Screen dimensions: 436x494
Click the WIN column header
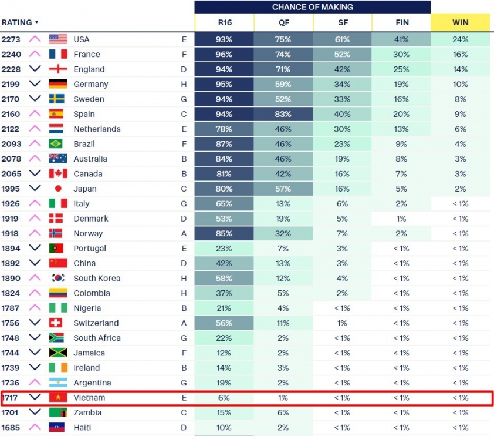[x=460, y=22]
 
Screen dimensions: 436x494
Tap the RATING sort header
[x=19, y=22]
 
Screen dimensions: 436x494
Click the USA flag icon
[x=58, y=39]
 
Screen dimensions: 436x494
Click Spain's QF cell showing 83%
[x=283, y=114]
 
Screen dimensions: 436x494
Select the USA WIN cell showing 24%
[x=460, y=39]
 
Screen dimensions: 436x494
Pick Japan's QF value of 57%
[x=283, y=189]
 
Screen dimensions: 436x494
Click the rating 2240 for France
[x=11, y=54]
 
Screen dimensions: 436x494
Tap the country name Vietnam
[x=89, y=398]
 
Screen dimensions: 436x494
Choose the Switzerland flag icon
[x=56, y=323]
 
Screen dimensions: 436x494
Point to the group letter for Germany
[x=184, y=84]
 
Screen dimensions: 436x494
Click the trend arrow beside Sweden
[x=35, y=99]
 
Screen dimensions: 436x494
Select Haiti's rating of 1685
[x=11, y=427]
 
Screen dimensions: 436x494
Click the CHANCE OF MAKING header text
[x=312, y=7]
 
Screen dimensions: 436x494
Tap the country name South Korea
[x=97, y=279]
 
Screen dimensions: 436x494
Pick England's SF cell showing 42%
[x=342, y=69]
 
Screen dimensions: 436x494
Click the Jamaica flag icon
[x=56, y=353]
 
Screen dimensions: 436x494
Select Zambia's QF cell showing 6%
[x=283, y=412]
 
